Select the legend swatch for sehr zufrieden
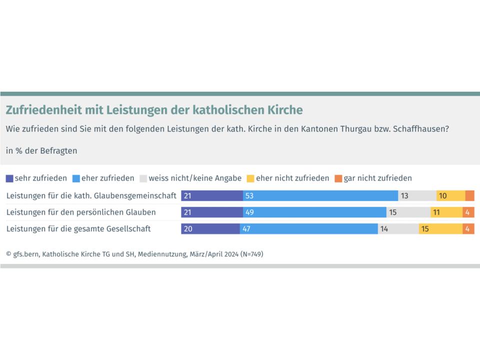click(9, 178)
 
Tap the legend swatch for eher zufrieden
click(76, 178)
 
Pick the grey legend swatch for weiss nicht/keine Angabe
click(143, 178)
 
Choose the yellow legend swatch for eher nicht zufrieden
click(251, 178)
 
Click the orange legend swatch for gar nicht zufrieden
click(338, 178)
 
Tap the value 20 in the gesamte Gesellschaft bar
click(187, 228)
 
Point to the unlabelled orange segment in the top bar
click(469, 195)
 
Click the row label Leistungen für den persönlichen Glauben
click(81, 212)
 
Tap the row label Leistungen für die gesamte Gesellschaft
click(78, 228)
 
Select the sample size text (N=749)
click(251, 254)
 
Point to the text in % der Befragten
click(41, 150)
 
